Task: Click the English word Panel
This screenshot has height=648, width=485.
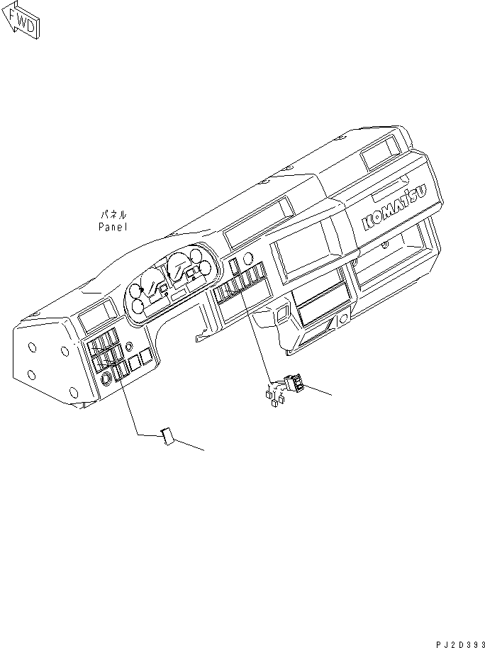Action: coord(112,228)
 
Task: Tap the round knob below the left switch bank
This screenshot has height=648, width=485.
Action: coord(106,379)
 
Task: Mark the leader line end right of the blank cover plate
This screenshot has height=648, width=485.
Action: coord(204,450)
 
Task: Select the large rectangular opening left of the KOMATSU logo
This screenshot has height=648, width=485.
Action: coord(309,247)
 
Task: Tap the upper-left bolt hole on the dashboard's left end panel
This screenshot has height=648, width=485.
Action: coord(33,348)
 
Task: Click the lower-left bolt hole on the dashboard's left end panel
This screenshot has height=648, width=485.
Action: coord(33,374)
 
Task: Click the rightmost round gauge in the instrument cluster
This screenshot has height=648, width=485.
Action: coord(206,267)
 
